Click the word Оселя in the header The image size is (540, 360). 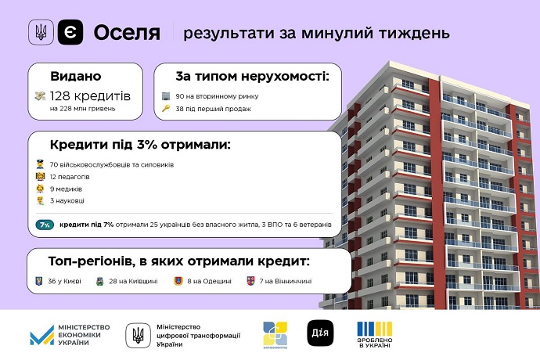point(126,33)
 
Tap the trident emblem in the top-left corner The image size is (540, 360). point(41,33)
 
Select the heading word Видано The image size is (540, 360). point(76,77)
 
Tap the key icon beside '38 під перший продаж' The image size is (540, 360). point(166,109)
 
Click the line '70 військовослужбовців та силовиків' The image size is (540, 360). point(111,165)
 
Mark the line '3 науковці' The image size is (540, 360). point(68,201)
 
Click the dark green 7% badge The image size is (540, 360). point(45,225)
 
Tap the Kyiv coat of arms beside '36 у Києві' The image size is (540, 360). point(40,280)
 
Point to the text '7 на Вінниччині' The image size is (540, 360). point(285,280)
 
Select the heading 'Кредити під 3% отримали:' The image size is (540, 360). point(140,146)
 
